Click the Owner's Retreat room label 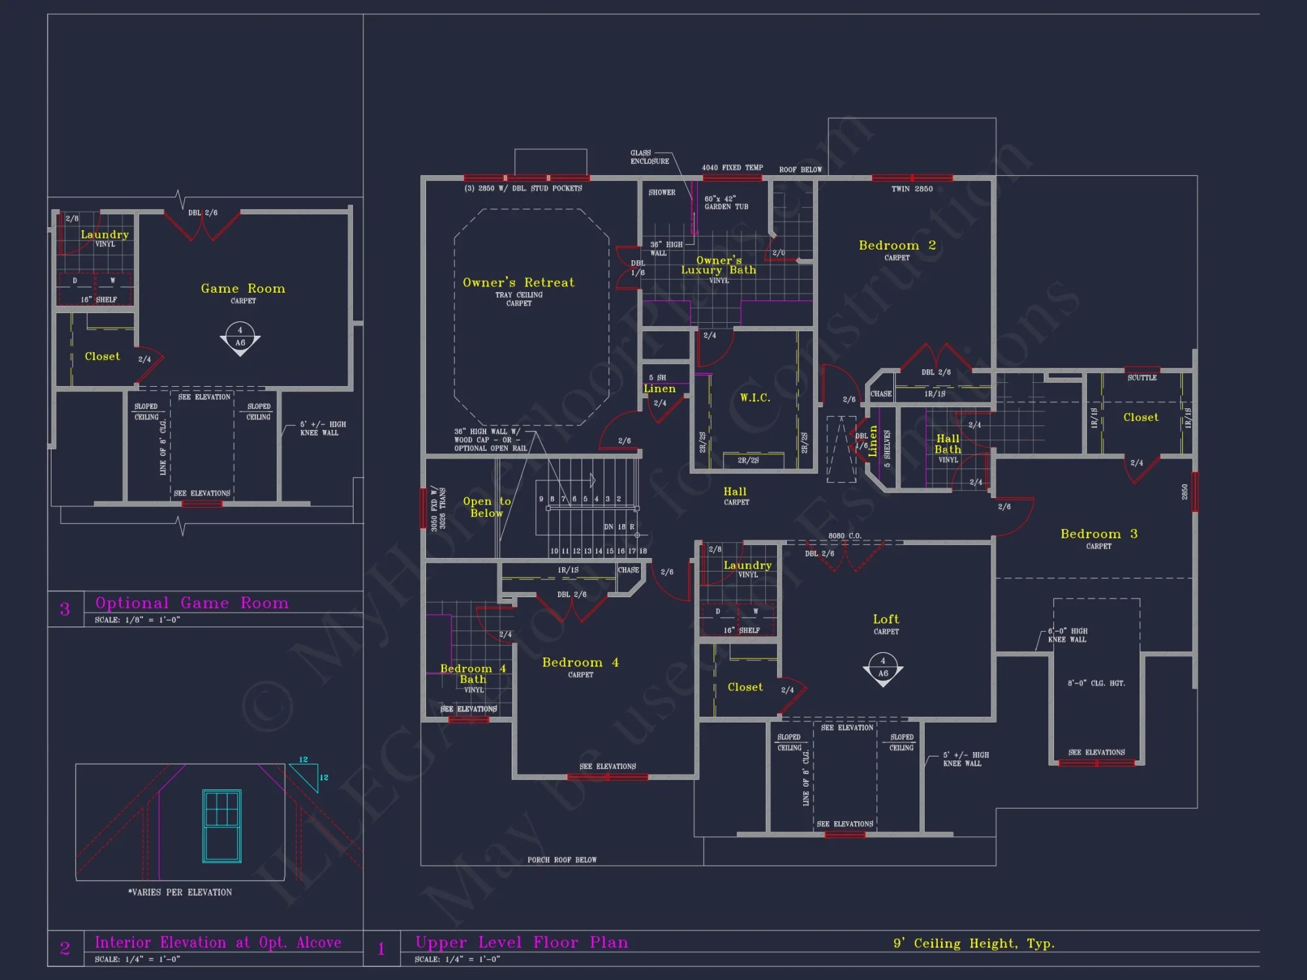coord(518,282)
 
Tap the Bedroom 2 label coord(897,246)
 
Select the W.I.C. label coord(755,398)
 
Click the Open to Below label coord(487,507)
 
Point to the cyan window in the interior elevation coord(222,826)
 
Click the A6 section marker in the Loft coord(883,670)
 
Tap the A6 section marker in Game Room coord(240,338)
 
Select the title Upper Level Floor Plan coord(521,942)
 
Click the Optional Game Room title coord(191,602)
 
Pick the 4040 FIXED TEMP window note coord(732,168)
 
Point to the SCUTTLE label coord(1142,378)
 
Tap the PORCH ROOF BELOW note coord(562,860)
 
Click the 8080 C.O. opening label coord(844,536)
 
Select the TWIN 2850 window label coord(912,189)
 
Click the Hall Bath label coord(948,444)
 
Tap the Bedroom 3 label coord(1099,534)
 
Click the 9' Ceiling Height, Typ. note coord(974,943)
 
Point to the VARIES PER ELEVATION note coord(180,892)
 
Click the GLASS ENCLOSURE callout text coord(649,157)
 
